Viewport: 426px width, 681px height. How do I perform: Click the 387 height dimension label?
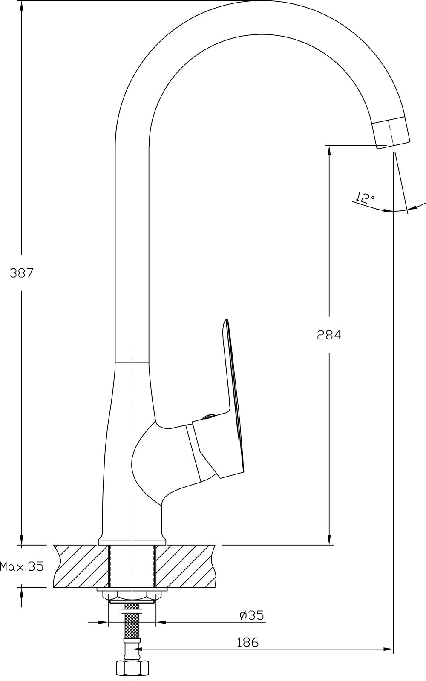(x=21, y=273)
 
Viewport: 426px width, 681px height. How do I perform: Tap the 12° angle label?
(x=364, y=198)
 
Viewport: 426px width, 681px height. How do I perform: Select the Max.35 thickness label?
(x=22, y=566)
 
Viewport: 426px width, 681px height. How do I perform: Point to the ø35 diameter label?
(x=252, y=615)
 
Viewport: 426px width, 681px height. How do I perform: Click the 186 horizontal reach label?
(x=248, y=642)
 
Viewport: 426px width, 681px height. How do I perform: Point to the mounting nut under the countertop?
(x=132, y=596)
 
